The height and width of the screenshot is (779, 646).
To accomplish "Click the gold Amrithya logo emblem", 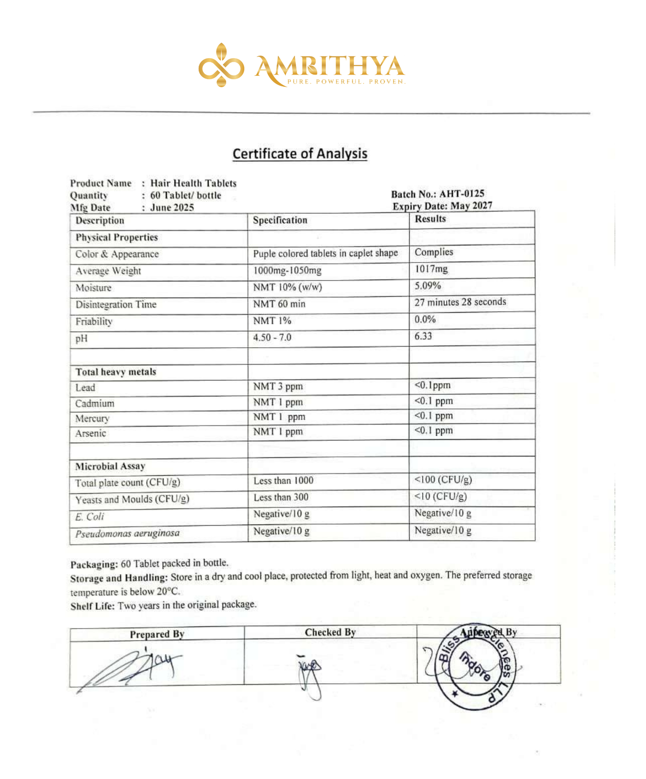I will pos(221,65).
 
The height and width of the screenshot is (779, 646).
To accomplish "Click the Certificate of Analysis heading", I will pos(300,153).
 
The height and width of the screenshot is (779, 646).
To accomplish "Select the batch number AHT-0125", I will pos(461,194).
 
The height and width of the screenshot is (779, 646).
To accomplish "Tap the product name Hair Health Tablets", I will pos(193,183).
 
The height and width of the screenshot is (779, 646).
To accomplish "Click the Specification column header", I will pos(280,220).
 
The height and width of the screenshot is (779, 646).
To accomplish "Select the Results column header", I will pos(430,219).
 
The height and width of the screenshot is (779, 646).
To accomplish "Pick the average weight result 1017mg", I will pos(431,269).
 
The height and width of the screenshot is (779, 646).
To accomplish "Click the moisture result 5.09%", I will pos(427,285).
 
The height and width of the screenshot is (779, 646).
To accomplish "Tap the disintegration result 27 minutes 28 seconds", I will pos(460,302).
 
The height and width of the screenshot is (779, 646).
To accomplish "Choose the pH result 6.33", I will pos(423,336).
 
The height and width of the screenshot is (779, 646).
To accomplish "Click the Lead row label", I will pos(85,387).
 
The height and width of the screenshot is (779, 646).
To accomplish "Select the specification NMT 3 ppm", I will pos(278,386).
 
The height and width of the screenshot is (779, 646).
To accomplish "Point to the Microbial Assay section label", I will pos(110,466).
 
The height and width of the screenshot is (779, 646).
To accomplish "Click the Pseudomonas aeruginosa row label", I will pos(127,533).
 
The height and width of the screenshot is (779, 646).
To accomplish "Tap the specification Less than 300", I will pos(281,497).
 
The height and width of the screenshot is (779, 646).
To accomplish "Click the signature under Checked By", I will pos(310,673).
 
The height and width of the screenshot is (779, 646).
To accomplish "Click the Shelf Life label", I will pos(93,606).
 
